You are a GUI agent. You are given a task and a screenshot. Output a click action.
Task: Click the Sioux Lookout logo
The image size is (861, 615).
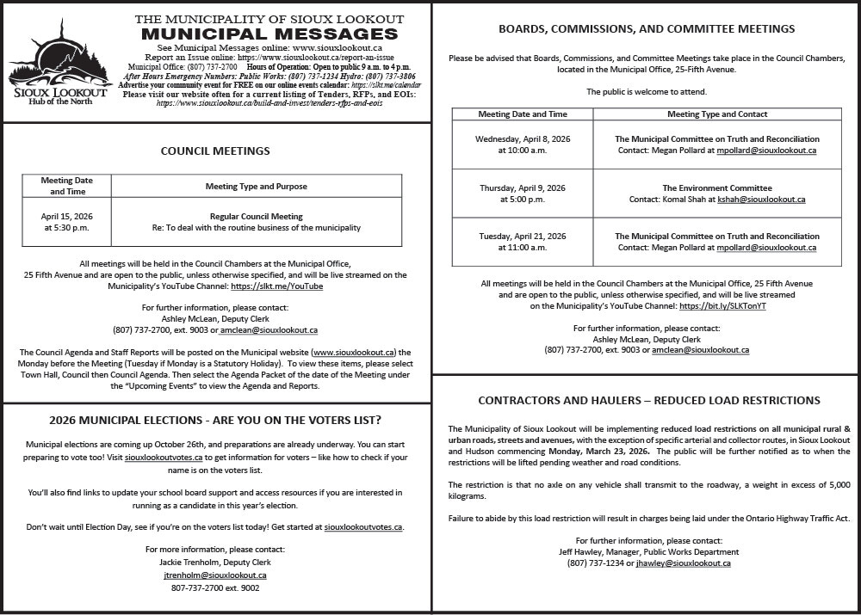pos(58,63)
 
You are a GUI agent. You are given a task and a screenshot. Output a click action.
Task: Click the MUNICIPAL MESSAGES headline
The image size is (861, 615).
pos(269,34)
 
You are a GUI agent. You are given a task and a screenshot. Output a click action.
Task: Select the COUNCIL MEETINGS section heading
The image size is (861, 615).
pos(215,151)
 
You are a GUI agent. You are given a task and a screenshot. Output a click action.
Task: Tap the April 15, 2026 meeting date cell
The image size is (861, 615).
pos(66,222)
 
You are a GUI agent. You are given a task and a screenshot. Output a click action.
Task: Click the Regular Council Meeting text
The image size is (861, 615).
pos(256,217)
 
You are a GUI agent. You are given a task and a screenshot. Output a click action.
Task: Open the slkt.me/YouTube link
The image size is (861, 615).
pos(277,286)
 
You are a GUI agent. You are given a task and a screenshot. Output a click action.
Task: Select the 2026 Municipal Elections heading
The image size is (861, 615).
pos(215,421)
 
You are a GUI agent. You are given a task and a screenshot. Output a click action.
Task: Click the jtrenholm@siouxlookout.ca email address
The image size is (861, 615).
pos(214,575)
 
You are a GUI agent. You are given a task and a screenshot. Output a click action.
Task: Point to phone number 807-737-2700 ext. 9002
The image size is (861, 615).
pos(214,588)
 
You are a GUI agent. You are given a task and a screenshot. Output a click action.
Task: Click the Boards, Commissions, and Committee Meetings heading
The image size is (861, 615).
pos(647,28)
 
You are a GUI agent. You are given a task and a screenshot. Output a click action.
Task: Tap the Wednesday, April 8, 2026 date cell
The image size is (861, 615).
pos(522,145)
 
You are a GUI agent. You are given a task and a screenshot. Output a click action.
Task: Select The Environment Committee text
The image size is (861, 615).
pos(716,188)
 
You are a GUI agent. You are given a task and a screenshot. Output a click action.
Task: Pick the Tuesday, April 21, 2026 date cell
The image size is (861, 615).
pos(522,242)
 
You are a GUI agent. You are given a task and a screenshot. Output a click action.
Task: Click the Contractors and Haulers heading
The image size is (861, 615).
pos(648,400)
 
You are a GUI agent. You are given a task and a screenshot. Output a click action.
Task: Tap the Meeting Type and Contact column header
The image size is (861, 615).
pos(716,114)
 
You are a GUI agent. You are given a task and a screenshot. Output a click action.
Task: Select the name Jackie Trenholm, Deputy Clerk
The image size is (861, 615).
pos(214,563)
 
